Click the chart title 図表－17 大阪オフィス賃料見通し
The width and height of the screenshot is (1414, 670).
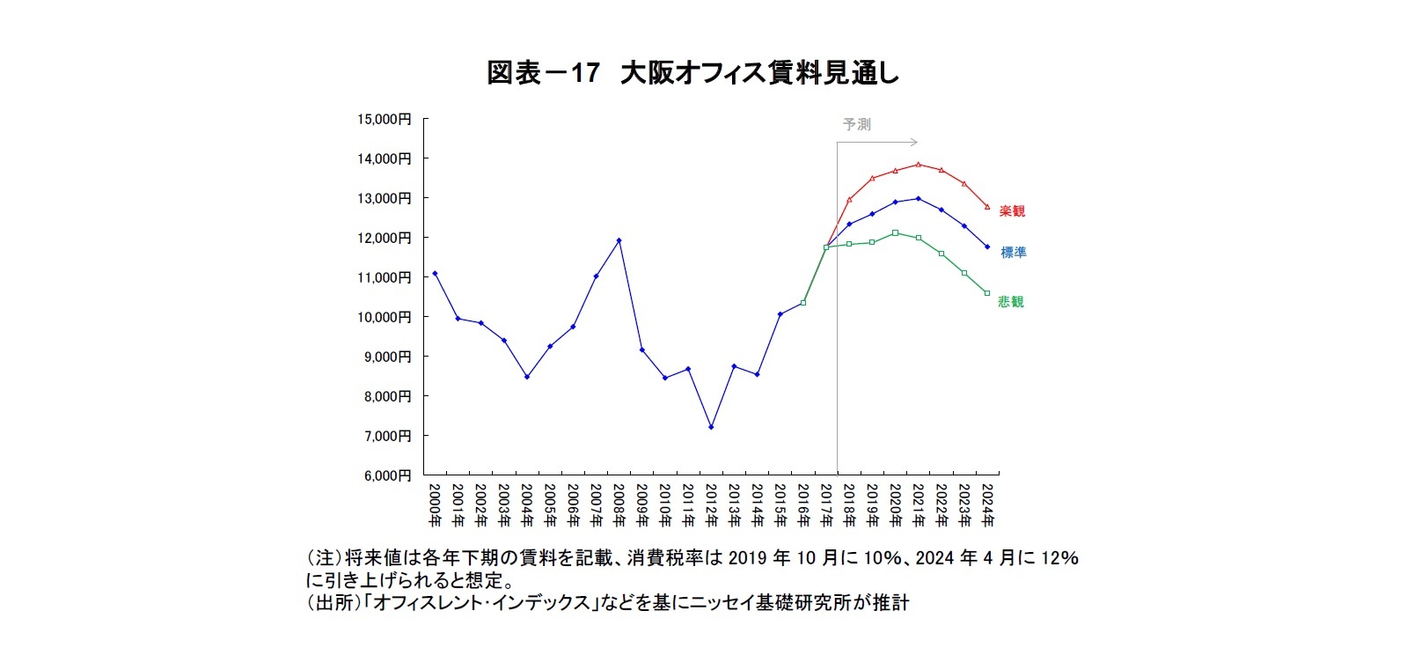pos(692,73)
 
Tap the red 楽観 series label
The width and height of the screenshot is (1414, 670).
pos(1012,211)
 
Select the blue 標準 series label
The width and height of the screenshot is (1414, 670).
pos(1013,253)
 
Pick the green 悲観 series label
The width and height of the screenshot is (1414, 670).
pos(1011,302)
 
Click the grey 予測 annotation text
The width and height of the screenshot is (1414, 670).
pos(856,125)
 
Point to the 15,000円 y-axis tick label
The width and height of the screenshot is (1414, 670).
pos(385,119)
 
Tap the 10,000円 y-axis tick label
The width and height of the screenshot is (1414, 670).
pos(385,317)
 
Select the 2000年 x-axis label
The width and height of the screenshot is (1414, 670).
pos(435,504)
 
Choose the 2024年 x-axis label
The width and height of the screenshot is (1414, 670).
pos(987,504)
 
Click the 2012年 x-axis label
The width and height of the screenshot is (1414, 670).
pos(711,504)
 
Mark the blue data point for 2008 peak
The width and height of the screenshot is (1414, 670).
pos(619,240)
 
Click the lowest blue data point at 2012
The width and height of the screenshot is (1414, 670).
pos(711,427)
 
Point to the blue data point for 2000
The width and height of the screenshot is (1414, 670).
pos(435,273)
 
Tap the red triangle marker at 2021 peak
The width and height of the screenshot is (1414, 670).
pos(918,165)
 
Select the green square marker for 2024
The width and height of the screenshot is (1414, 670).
pos(987,293)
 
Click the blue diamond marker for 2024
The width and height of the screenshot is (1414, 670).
pos(987,247)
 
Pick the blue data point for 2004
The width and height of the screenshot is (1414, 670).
pos(527,377)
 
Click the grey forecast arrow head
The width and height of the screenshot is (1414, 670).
pos(915,142)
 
